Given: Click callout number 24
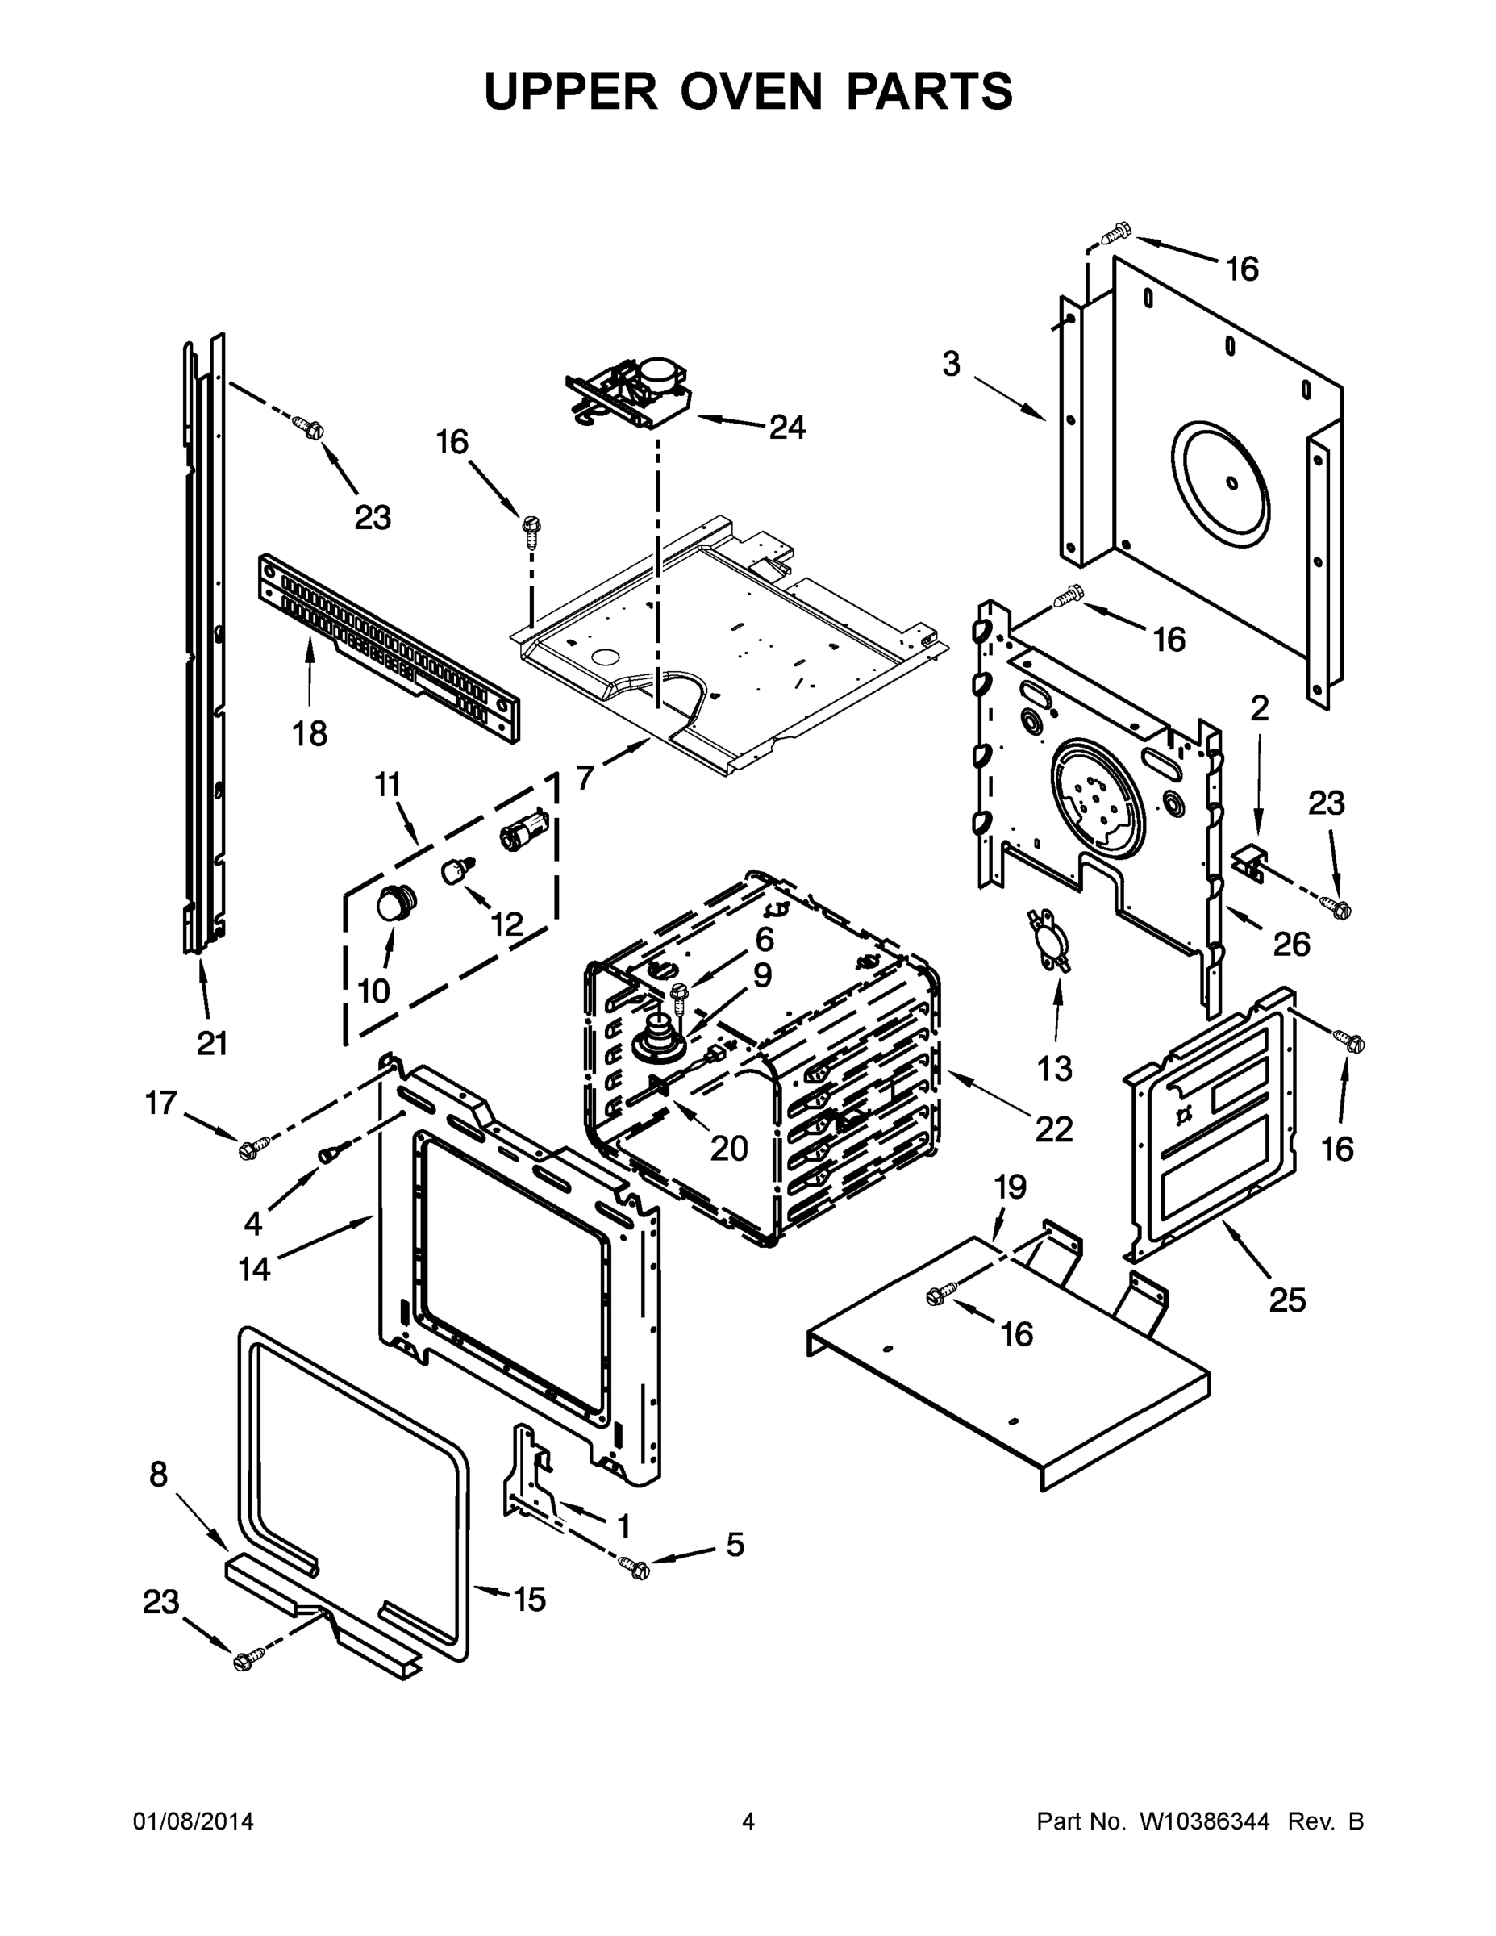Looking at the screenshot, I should (786, 428).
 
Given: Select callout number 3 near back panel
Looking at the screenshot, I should (951, 364).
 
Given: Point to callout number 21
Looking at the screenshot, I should (213, 1043).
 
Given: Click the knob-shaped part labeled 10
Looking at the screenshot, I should (391, 904).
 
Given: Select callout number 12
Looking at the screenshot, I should (507, 924).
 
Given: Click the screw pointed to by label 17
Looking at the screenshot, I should (249, 1149).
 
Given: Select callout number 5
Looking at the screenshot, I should (735, 1544).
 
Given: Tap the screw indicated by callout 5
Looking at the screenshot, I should (636, 1568).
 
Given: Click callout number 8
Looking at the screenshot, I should (158, 1474).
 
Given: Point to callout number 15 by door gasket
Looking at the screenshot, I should (529, 1599).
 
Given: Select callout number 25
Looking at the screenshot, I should (1287, 1300).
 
